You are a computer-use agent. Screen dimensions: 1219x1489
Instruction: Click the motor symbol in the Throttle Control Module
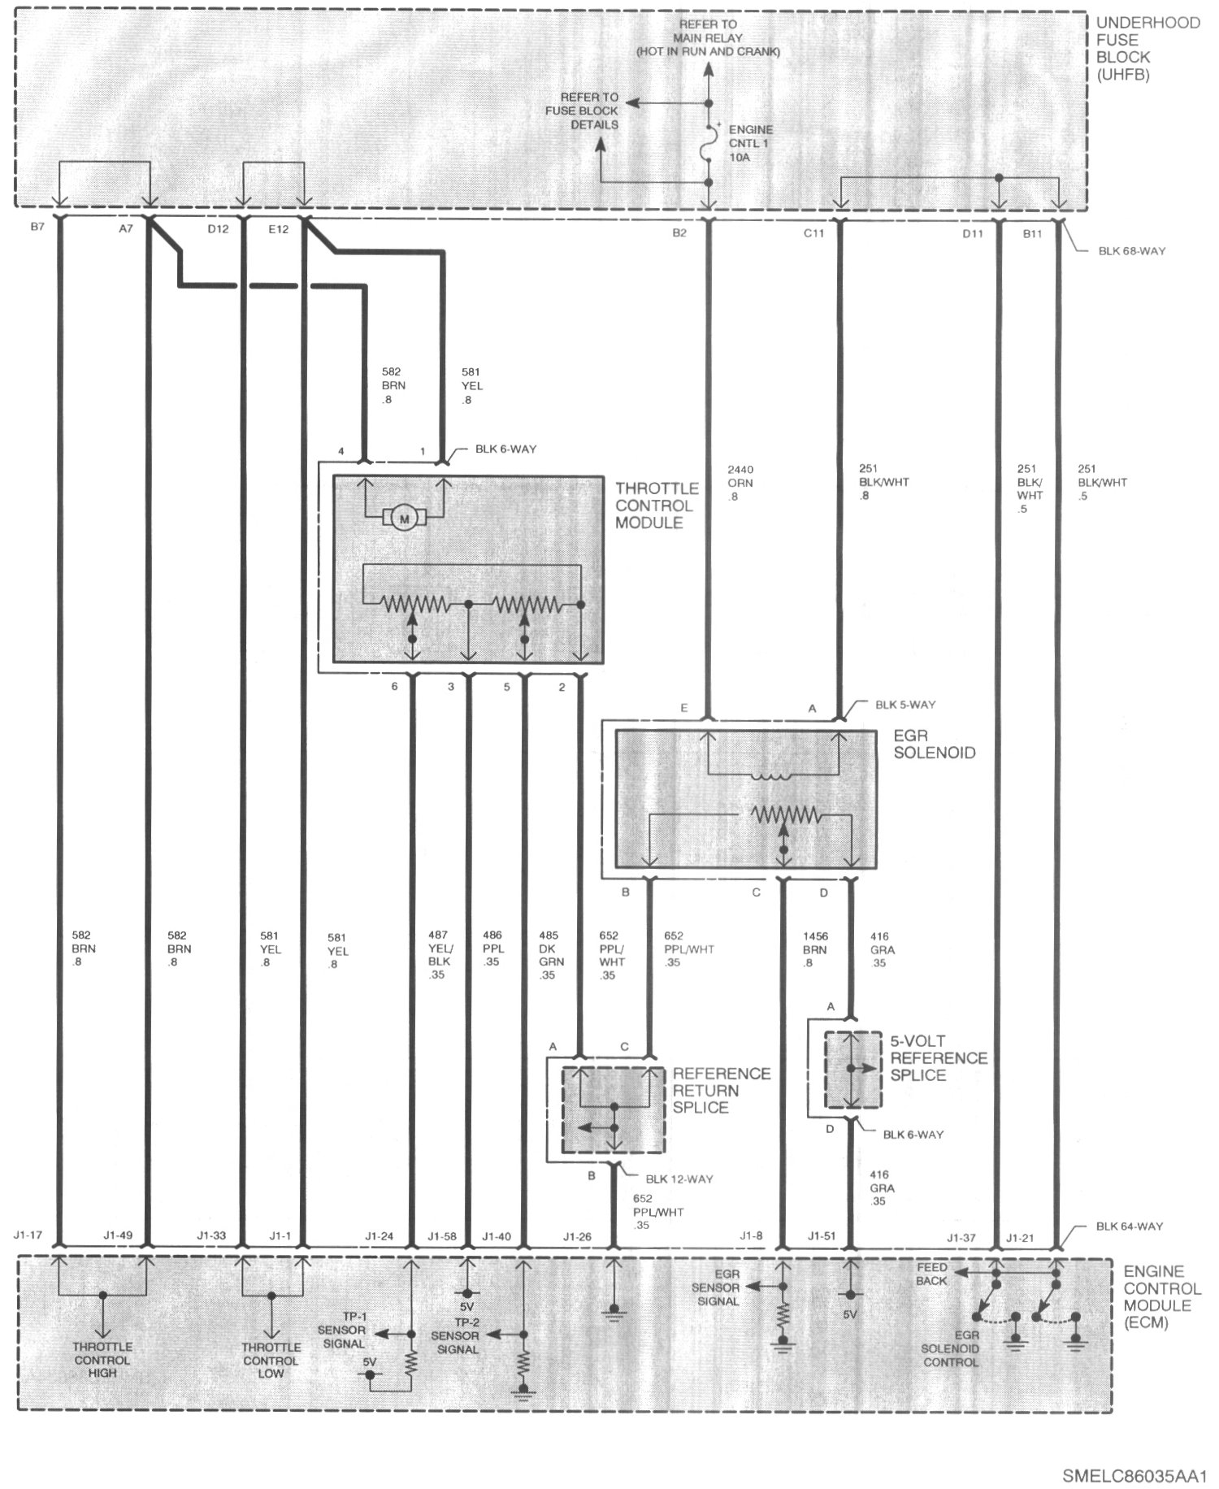point(404,516)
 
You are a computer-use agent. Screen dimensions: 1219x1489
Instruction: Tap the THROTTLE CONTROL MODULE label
point(656,506)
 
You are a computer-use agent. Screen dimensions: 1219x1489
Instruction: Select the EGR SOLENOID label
point(934,744)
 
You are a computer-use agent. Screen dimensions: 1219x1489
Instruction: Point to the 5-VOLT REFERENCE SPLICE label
point(939,1058)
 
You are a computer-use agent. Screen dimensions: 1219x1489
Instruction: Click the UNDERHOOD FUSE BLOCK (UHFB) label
point(1147,49)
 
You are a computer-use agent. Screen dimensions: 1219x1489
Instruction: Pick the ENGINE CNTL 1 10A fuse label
point(750,144)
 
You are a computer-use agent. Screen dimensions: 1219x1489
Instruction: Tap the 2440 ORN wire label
point(740,483)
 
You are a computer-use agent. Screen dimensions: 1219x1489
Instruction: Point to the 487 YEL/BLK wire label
point(438,955)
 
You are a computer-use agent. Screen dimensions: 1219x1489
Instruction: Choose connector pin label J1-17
point(28,1235)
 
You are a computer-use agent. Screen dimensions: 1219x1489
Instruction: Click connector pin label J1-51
point(822,1235)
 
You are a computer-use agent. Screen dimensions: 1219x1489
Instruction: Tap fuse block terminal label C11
point(813,233)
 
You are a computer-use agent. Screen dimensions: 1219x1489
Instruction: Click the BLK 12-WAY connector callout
point(679,1179)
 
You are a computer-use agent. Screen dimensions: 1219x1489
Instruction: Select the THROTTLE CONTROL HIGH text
point(102,1360)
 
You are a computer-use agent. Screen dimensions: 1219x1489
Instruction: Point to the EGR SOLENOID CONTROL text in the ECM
point(950,1348)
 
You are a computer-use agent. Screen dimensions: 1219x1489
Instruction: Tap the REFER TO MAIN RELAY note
point(708,38)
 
